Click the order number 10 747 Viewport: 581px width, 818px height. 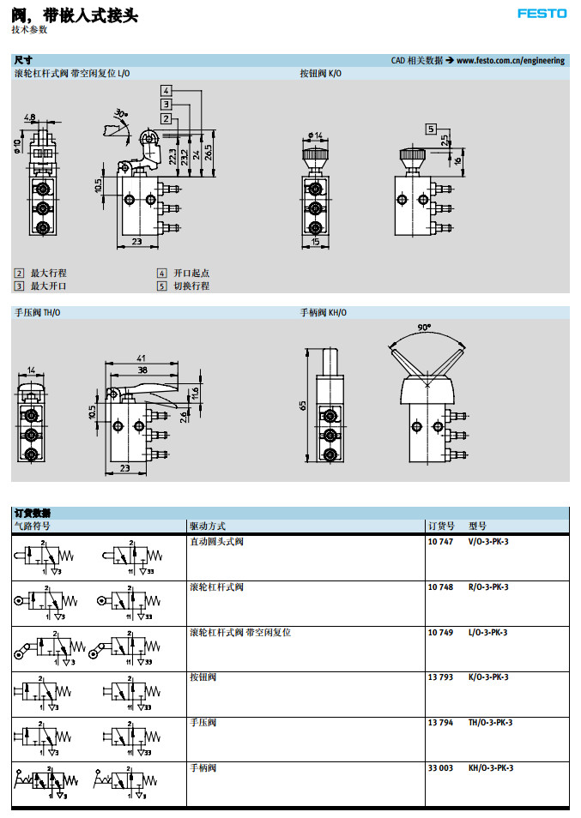point(440,542)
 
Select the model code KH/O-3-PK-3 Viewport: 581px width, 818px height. point(491,768)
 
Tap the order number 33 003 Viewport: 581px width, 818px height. point(440,768)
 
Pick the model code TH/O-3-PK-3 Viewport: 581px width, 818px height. point(491,723)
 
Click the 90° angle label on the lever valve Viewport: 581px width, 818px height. point(425,328)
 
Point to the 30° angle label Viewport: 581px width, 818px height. point(121,113)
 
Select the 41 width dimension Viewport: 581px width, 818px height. point(142,359)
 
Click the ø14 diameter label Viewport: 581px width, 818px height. point(315,135)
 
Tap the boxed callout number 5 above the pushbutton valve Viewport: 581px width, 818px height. point(430,129)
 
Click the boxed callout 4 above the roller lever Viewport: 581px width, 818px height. point(166,90)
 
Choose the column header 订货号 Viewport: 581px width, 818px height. point(440,526)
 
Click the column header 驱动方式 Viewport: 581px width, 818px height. point(208,526)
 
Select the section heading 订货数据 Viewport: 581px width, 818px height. point(33,513)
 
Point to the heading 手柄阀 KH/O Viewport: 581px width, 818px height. point(324,313)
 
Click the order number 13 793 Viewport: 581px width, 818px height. point(440,677)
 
